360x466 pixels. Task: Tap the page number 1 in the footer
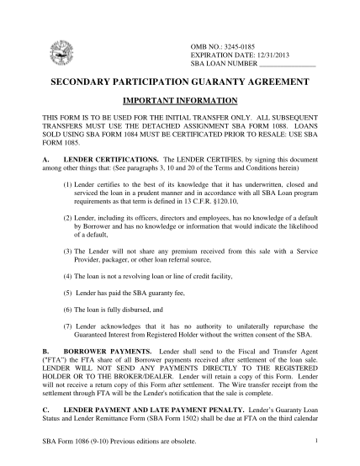pos(313,439)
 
